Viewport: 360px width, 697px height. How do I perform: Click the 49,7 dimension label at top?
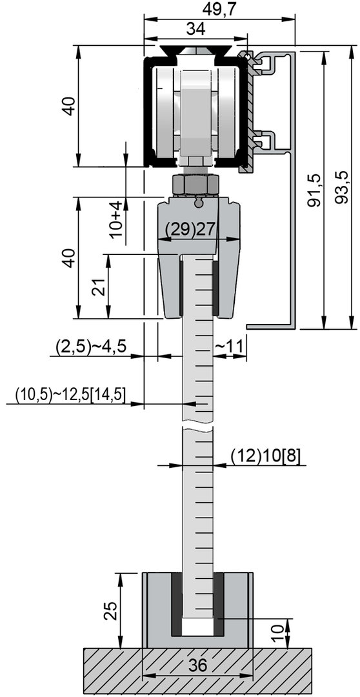pos(220,9)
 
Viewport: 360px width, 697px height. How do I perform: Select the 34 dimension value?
pos(195,29)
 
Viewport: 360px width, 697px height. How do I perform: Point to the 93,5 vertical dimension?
pos(342,189)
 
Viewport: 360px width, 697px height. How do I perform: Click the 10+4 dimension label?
pos(115,219)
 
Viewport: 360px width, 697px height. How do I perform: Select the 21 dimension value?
pos(99,288)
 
